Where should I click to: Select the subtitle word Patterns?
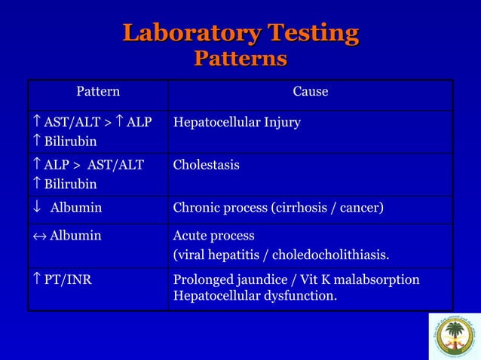[240, 58]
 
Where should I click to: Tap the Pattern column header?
[98, 92]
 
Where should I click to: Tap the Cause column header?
[310, 92]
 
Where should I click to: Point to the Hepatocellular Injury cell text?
[237, 122]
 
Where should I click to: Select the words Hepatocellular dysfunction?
[255, 296]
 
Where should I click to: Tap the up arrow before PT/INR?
[36, 281]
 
